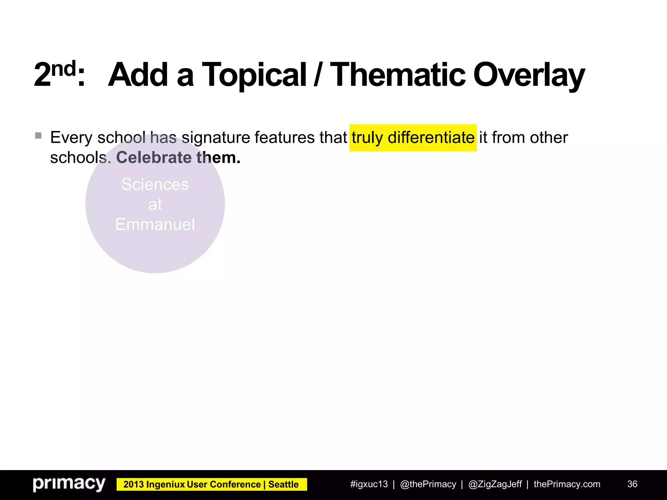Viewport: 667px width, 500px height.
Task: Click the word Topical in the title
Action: [x=254, y=76]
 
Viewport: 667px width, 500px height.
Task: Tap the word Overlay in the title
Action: [x=529, y=76]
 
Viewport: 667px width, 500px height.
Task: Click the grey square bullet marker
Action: [x=38, y=135]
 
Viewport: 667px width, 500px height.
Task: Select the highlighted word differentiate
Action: [x=431, y=138]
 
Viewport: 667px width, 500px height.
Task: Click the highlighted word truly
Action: [x=367, y=138]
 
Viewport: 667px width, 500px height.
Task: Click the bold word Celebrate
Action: [x=154, y=158]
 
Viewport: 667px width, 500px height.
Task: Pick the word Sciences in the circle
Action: [x=155, y=185]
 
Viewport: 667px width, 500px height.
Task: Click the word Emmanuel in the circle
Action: [x=155, y=225]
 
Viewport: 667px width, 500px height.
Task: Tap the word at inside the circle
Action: [x=155, y=205]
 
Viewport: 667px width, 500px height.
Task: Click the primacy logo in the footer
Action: [x=69, y=484]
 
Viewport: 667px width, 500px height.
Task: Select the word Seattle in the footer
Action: [x=283, y=484]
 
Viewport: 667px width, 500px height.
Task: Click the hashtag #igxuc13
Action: [x=369, y=484]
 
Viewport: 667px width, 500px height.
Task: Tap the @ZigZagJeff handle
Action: [x=495, y=484]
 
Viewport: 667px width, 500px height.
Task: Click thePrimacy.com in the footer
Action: [x=567, y=484]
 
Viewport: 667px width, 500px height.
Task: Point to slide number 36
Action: [x=632, y=484]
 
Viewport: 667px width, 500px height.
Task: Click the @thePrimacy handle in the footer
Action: [x=428, y=484]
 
